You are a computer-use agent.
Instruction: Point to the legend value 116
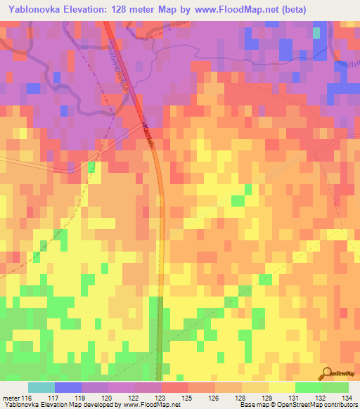tap(27, 398)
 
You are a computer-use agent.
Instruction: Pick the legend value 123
tap(161, 398)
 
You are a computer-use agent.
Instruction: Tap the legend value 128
tap(240, 398)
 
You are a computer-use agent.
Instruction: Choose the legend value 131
tap(294, 398)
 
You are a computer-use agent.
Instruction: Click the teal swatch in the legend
tap(41, 388)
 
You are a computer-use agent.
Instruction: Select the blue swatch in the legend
tap(67, 388)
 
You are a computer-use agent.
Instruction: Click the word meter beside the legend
tap(11, 398)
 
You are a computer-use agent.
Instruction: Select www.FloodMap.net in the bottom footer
tap(150, 405)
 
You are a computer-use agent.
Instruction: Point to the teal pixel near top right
tap(316, 32)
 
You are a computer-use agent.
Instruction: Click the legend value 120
tap(108, 398)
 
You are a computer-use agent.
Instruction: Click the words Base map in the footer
tap(252, 405)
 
